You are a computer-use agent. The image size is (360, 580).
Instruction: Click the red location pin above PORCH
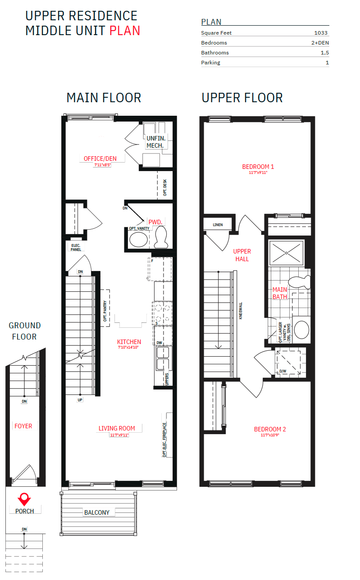click(23, 498)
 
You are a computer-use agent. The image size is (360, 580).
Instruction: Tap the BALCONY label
click(97, 512)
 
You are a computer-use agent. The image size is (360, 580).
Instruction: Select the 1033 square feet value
click(321, 33)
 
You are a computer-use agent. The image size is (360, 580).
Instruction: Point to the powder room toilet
click(161, 237)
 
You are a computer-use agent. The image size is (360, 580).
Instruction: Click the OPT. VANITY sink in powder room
click(137, 240)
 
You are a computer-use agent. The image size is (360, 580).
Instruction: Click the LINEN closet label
click(218, 225)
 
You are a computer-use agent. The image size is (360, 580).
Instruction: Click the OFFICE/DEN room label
click(100, 159)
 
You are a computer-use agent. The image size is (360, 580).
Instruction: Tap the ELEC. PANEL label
click(76, 247)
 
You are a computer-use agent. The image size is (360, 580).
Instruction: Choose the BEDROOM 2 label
click(270, 429)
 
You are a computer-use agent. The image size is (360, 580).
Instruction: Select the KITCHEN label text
click(129, 342)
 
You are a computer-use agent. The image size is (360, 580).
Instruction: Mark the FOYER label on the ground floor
click(23, 426)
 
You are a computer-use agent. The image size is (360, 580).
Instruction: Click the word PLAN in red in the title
click(125, 31)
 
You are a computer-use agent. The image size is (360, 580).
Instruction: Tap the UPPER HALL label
click(242, 255)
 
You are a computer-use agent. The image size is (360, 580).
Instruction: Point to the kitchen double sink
click(162, 358)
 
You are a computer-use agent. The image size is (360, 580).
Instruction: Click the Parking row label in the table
click(210, 63)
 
